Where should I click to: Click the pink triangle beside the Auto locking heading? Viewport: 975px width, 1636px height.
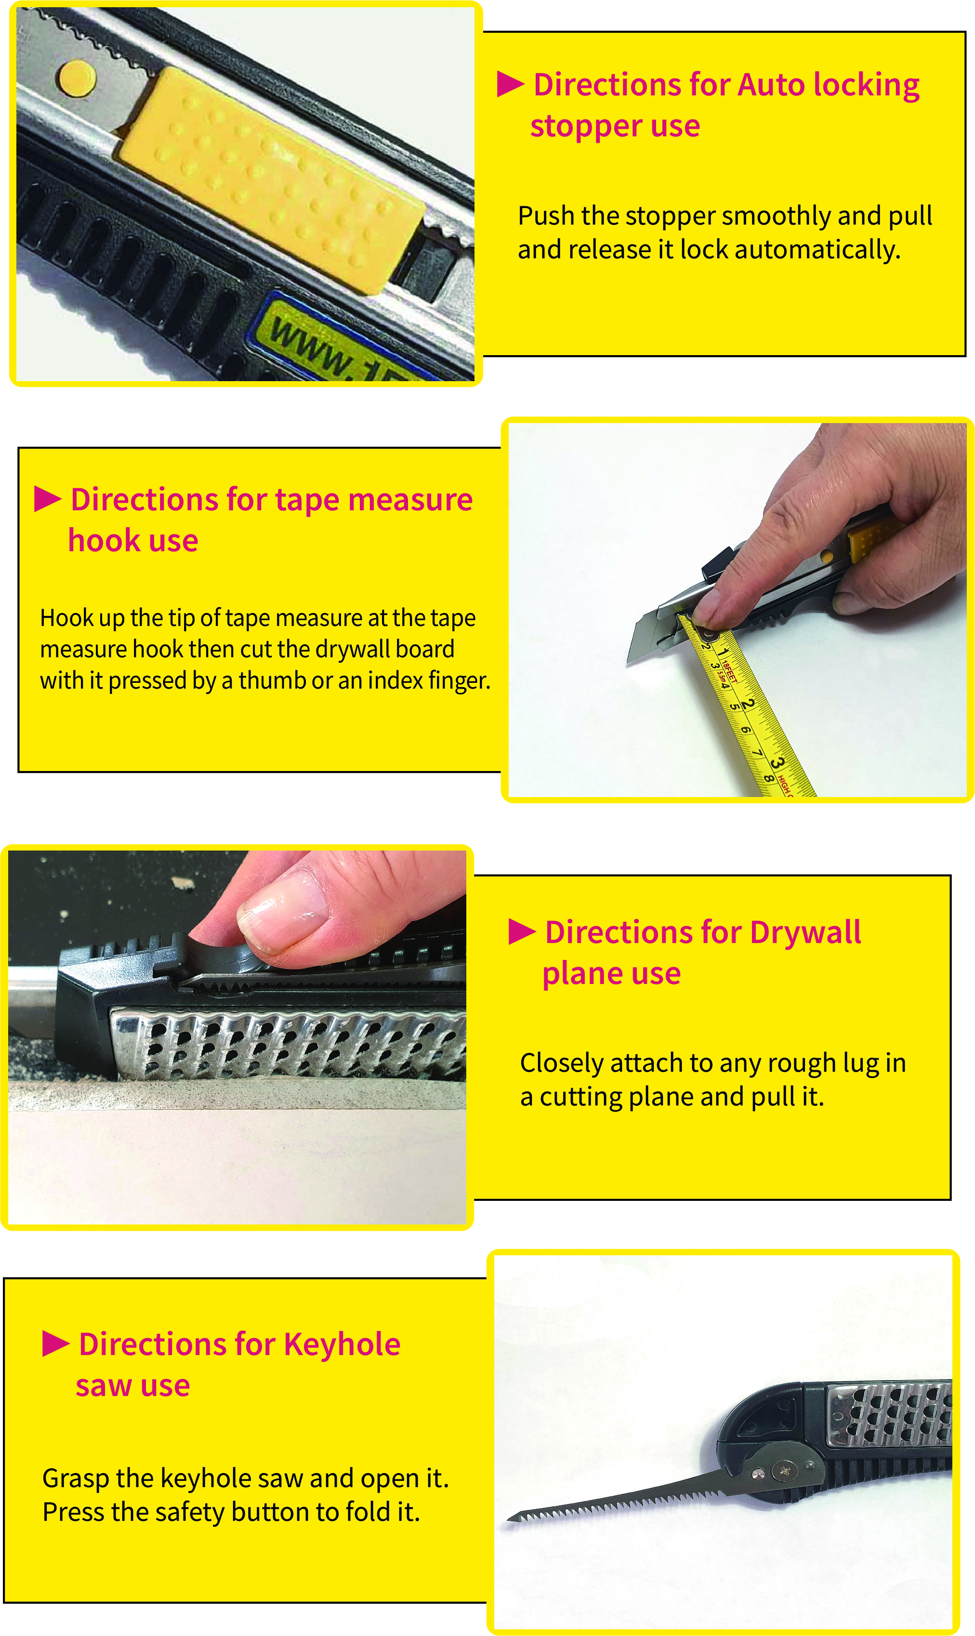[x=510, y=84]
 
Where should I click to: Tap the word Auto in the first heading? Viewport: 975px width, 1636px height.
[x=771, y=85]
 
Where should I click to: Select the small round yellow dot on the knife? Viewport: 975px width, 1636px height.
[x=78, y=78]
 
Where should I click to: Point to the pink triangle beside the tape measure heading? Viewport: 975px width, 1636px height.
[x=47, y=499]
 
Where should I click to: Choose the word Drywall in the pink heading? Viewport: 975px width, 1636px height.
[x=805, y=932]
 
